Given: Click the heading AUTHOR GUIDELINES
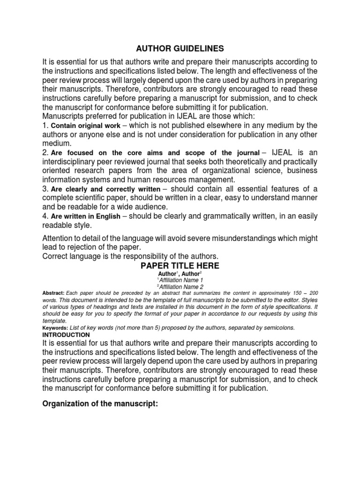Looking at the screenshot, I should [180, 48].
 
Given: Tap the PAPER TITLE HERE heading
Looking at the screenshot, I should [180, 266].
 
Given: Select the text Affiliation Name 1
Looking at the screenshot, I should [181, 280].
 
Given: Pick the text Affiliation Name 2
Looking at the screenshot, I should [181, 286].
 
